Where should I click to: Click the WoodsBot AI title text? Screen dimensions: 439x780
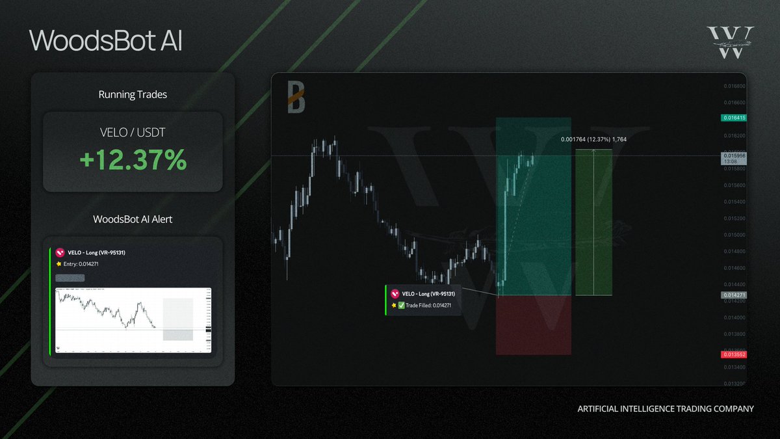tap(106, 40)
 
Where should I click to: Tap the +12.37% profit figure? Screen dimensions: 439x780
tap(133, 160)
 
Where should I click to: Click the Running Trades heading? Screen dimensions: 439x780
tap(133, 94)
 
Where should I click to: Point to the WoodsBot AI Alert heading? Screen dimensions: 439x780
tap(133, 219)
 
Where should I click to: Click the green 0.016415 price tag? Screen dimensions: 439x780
tap(733, 118)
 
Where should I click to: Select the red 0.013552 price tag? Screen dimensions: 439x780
tap(733, 354)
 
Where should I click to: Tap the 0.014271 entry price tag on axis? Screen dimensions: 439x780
tap(733, 295)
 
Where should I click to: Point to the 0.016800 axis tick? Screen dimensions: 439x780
tap(734, 86)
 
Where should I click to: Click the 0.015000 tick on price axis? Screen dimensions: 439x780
tap(734, 235)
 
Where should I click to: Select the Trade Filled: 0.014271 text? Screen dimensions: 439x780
tap(428, 304)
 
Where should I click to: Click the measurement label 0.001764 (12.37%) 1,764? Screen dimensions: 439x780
tap(593, 139)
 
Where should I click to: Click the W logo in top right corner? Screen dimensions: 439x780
tap(731, 42)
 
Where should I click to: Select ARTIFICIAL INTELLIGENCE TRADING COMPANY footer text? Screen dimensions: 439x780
tap(666, 409)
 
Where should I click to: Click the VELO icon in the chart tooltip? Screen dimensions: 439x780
tap(395, 294)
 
